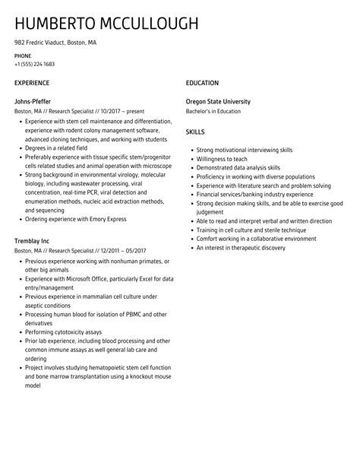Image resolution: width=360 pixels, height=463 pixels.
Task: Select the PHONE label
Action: pos(23,56)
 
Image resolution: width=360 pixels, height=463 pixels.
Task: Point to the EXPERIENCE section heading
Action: pos(32,83)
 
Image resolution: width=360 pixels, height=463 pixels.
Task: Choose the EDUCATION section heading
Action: pos(202,83)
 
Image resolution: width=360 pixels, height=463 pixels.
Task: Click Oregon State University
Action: pos(229,102)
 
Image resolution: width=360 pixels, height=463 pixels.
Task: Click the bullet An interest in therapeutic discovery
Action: pos(241,248)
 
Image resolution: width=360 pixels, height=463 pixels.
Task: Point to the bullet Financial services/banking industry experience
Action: pos(254,194)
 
